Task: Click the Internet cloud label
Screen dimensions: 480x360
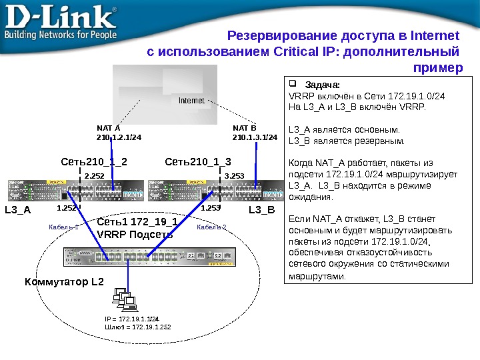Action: [191, 101]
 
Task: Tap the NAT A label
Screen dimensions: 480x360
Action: [109, 127]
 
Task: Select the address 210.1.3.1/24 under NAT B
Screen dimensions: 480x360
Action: [255, 138]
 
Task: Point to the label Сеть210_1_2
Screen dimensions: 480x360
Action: [94, 161]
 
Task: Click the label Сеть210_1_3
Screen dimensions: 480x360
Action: [197, 161]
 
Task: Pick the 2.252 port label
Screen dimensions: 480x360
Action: [95, 176]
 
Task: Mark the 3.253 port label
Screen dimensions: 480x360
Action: [235, 176]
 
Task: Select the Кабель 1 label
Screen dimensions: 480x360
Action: [64, 227]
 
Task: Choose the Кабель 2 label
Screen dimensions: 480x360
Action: [212, 227]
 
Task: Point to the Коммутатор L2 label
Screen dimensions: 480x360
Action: [64, 281]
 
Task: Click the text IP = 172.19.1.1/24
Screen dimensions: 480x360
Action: [131, 319]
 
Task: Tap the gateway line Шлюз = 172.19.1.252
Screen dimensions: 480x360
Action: [137, 327]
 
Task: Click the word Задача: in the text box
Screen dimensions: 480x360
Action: [322, 85]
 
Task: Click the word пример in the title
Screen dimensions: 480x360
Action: [437, 68]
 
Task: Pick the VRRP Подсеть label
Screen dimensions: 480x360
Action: [135, 234]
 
